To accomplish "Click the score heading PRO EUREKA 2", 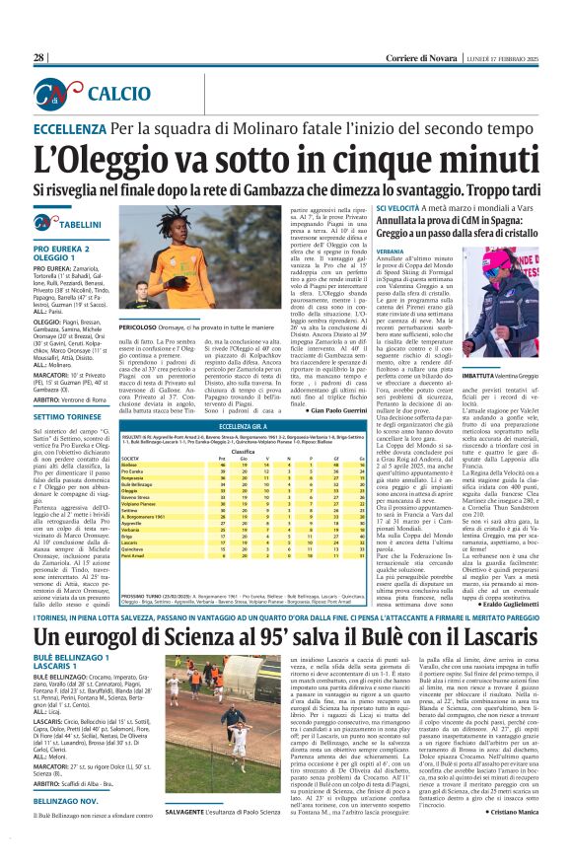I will point(65,250).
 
